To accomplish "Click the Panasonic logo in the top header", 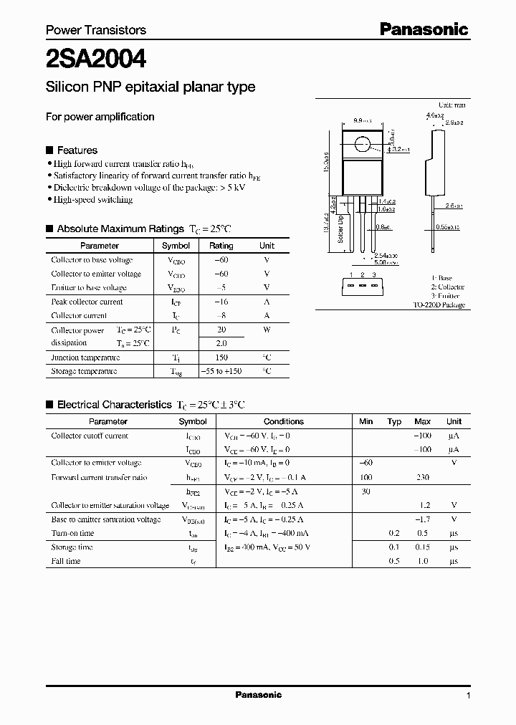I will [424, 29].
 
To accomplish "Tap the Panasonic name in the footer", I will [259, 695].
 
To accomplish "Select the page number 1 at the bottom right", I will [468, 696].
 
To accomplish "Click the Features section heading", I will [77, 150].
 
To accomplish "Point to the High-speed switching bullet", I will [93, 200].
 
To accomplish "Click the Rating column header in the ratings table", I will [221, 246].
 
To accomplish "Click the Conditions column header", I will [284, 422].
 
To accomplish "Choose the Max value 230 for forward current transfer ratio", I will [422, 477].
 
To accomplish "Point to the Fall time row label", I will [66, 561].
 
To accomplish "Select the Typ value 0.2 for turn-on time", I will [394, 533].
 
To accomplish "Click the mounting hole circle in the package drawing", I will [363, 145].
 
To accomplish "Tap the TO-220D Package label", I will [439, 304].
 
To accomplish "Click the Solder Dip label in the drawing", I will [341, 229].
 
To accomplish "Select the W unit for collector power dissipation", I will [267, 330].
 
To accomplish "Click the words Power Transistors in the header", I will [96, 30].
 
